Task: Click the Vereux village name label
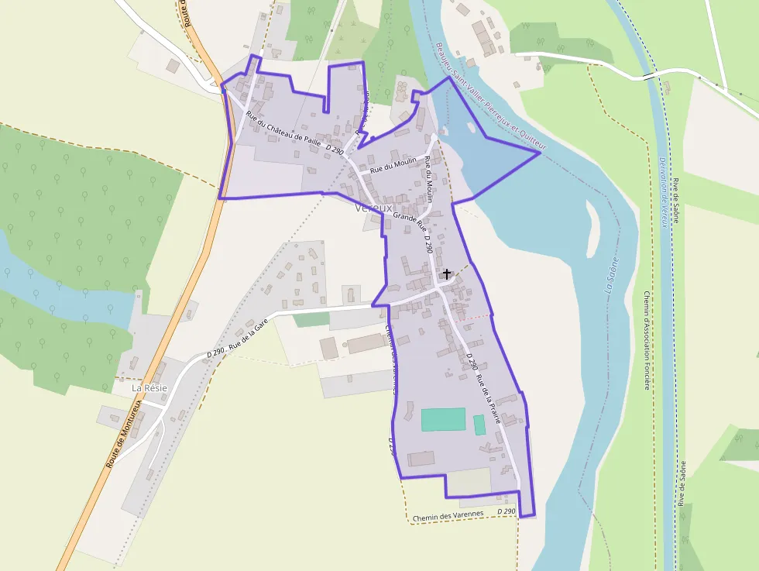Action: [374, 208]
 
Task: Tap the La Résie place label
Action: [148, 387]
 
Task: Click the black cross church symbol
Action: [446, 273]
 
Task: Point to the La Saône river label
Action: [610, 275]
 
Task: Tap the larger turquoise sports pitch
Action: [443, 419]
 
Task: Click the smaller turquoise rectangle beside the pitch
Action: [479, 425]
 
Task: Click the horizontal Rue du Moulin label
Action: [393, 164]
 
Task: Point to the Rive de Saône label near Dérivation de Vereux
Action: [675, 200]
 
